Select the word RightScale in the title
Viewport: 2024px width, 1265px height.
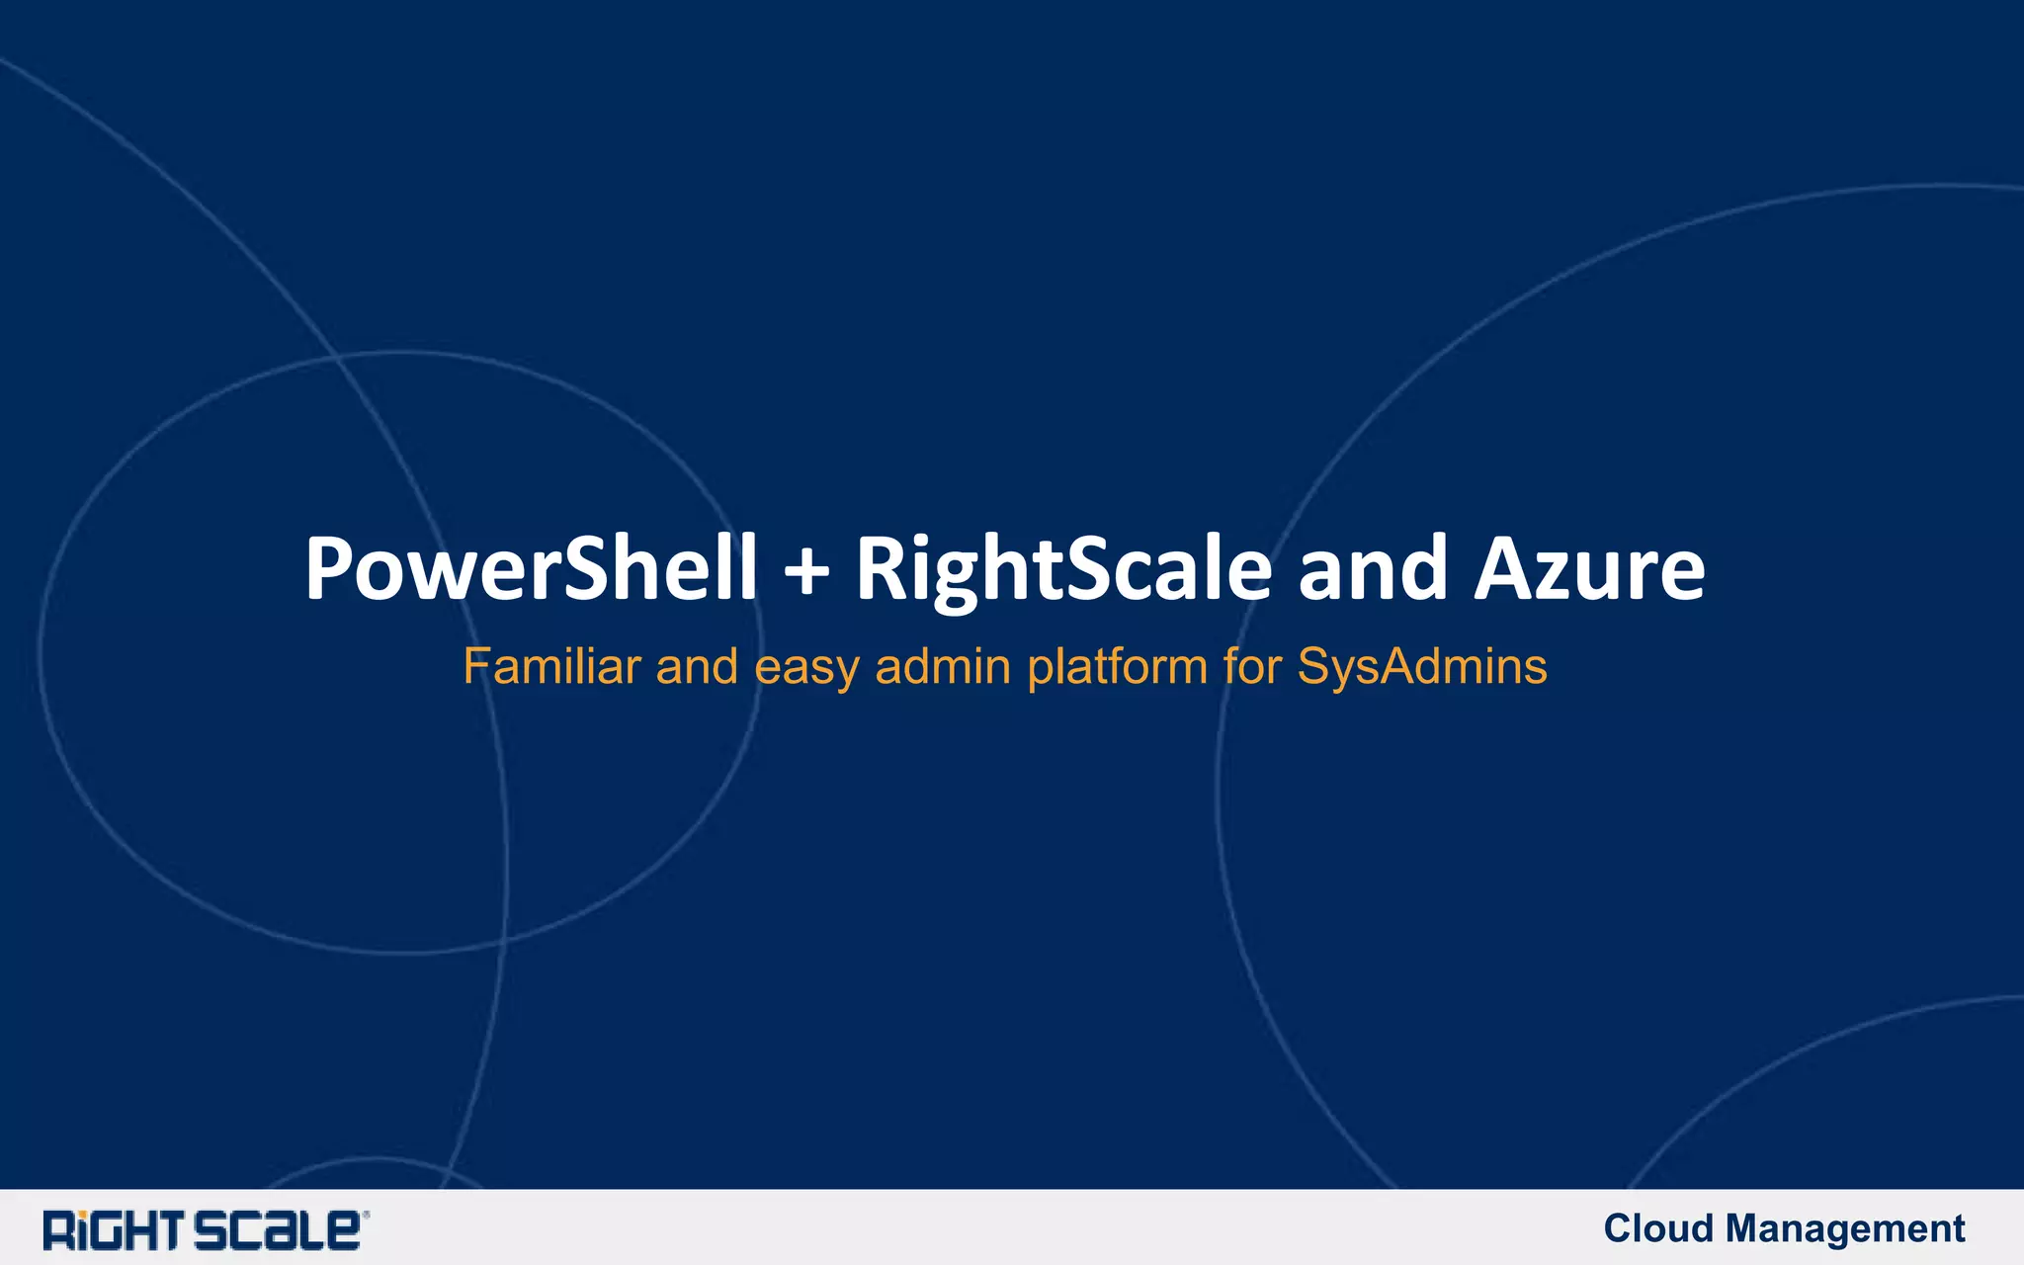pyautogui.click(x=1063, y=571)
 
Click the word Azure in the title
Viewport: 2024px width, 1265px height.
pyautogui.click(x=1589, y=570)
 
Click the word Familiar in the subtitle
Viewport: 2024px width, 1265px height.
pyautogui.click(x=551, y=666)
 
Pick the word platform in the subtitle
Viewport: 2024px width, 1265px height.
pyautogui.click(x=1118, y=668)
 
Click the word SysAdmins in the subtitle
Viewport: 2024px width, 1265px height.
pyautogui.click(x=1422, y=668)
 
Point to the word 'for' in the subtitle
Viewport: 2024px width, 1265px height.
pyautogui.click(x=1252, y=666)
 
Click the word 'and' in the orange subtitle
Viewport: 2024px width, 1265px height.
pyautogui.click(x=697, y=666)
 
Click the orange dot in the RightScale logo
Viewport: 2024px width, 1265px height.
pyautogui.click(x=84, y=1215)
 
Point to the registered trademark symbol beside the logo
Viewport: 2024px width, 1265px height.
pyautogui.click(x=366, y=1215)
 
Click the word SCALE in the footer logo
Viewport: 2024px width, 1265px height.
pyautogui.click(x=276, y=1230)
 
